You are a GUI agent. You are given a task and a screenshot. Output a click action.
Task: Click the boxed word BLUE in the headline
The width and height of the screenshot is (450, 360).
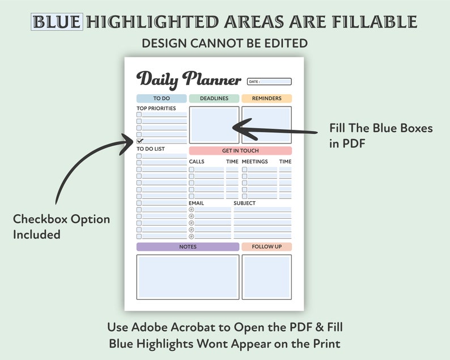click(57, 22)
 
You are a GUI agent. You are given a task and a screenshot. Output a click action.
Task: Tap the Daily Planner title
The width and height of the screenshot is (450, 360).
click(189, 80)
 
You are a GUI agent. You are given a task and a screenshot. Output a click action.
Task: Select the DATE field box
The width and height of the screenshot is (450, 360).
click(270, 82)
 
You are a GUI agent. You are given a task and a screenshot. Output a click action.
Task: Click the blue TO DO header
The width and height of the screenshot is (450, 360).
click(162, 98)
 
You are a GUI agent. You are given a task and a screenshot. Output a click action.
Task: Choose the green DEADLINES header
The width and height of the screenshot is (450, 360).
click(214, 98)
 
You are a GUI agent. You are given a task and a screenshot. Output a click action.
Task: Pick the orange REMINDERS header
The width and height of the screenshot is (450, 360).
click(266, 98)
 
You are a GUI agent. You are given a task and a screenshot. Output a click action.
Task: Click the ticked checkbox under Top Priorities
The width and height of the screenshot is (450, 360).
click(140, 141)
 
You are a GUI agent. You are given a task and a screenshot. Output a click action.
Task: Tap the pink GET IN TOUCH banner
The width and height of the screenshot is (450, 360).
click(240, 151)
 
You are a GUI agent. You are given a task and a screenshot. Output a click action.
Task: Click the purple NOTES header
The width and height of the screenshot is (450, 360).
click(188, 247)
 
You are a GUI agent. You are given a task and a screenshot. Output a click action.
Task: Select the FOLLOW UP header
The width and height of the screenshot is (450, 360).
click(266, 247)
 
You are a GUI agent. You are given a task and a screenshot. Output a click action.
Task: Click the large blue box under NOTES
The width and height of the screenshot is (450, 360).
click(188, 277)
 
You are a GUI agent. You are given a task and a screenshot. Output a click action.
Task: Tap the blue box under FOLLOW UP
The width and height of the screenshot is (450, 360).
click(266, 277)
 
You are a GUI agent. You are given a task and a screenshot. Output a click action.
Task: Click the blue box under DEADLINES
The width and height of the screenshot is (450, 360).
click(214, 125)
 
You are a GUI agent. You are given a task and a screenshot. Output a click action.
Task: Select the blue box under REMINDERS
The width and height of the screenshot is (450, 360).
click(266, 125)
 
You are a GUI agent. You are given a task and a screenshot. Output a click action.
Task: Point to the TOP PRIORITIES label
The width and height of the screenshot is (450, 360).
click(156, 108)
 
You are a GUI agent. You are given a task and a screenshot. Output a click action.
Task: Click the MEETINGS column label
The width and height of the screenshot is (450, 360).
click(255, 162)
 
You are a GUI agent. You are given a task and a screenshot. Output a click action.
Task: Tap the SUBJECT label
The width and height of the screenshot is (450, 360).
click(244, 203)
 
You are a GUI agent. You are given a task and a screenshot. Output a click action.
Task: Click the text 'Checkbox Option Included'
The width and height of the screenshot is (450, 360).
click(61, 226)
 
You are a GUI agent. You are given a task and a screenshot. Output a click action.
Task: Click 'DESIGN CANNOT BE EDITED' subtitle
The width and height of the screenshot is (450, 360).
click(224, 43)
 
